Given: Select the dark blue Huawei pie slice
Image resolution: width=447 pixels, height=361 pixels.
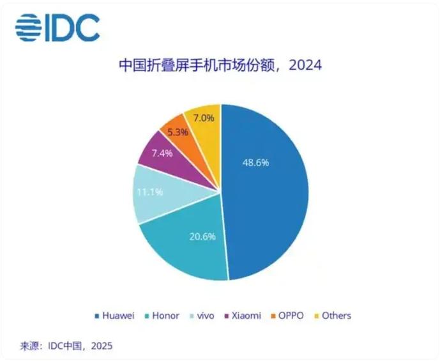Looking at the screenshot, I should (268, 192).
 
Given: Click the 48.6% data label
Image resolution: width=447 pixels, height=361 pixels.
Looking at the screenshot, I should (255, 162).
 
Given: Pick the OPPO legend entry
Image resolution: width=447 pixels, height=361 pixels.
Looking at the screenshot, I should (288, 316).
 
